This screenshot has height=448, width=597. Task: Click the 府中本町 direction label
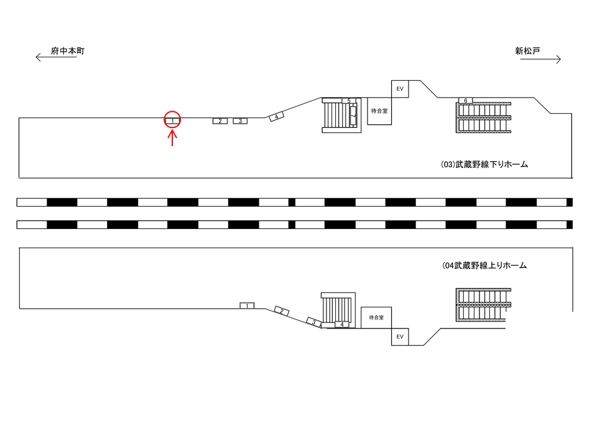(68, 50)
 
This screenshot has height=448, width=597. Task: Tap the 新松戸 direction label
(527, 50)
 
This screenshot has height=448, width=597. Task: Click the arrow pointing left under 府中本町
(56, 57)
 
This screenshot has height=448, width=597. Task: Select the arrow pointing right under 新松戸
(540, 59)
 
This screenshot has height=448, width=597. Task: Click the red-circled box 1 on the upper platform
(172, 121)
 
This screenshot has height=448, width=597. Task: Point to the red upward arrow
(172, 138)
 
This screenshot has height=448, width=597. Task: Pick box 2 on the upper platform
(220, 121)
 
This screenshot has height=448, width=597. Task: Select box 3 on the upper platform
(240, 121)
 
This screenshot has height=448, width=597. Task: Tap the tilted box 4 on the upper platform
(276, 116)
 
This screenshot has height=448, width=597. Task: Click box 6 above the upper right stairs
(465, 101)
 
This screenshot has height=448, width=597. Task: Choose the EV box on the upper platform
(400, 89)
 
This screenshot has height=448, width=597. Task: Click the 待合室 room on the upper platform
(379, 111)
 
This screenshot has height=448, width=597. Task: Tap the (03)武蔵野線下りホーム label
(484, 164)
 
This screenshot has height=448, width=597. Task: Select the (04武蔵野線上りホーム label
(484, 266)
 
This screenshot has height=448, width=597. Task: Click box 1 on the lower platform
(247, 306)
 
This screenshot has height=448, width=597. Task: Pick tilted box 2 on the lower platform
(282, 311)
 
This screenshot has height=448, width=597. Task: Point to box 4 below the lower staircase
(342, 325)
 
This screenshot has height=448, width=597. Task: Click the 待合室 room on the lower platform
(376, 317)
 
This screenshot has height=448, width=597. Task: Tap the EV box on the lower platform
(400, 337)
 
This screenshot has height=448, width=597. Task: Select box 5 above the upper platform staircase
(349, 101)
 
